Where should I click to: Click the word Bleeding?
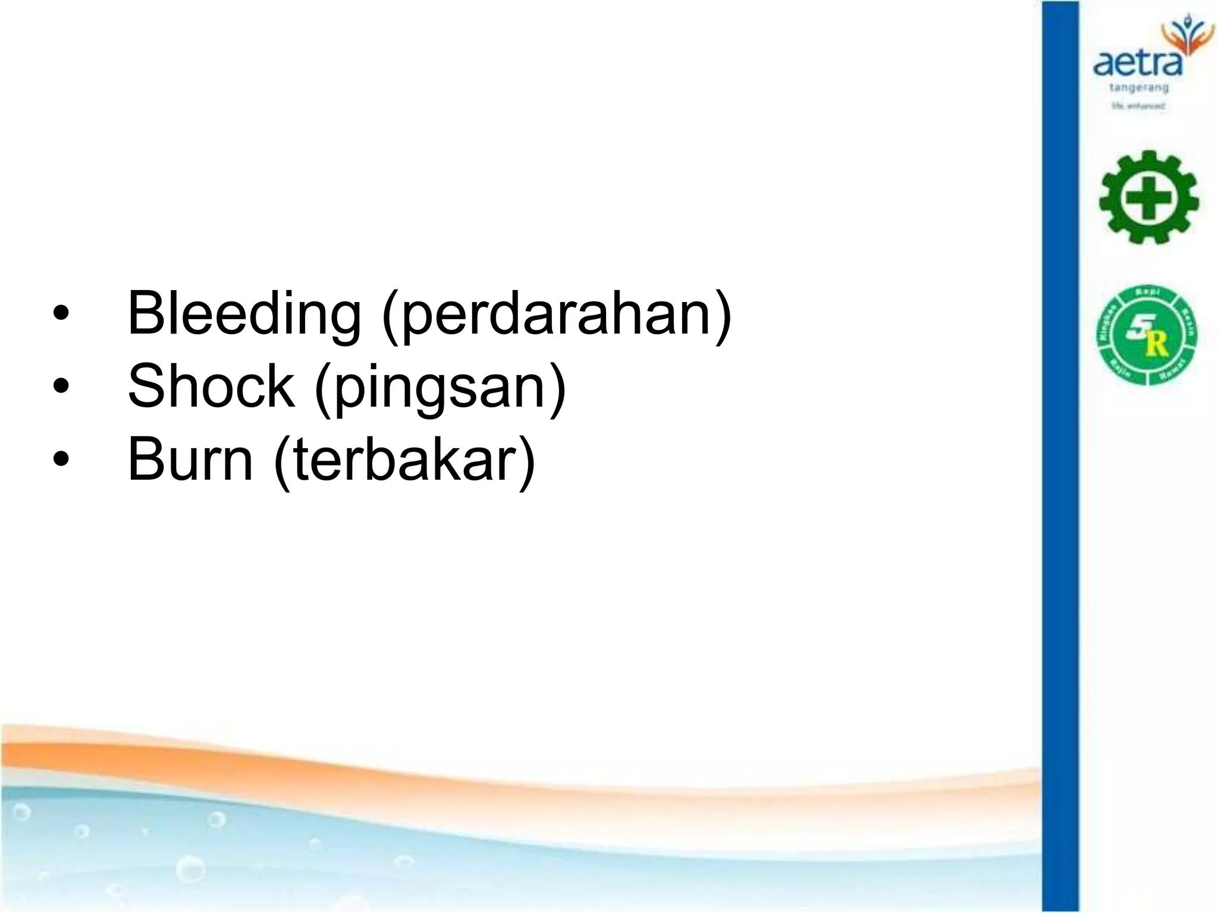[x=244, y=314]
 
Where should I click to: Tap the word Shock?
[x=211, y=387]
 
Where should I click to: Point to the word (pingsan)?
[x=440, y=387]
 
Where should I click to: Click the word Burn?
[x=190, y=459]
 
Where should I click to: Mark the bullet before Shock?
[x=61, y=387]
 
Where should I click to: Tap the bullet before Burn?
[x=61, y=459]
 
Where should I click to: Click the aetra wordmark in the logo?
[x=1137, y=63]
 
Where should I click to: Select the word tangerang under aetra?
[x=1139, y=88]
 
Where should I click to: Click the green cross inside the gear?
[x=1148, y=198]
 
